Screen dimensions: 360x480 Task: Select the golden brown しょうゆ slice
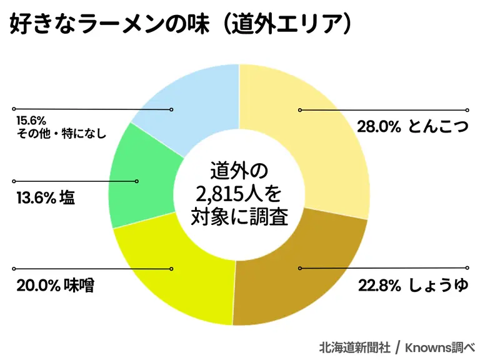[x=300, y=275]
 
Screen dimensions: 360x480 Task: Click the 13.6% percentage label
[x=32, y=198]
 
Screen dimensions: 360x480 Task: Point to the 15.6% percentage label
[x=28, y=120]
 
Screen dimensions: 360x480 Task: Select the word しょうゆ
[x=438, y=286]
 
